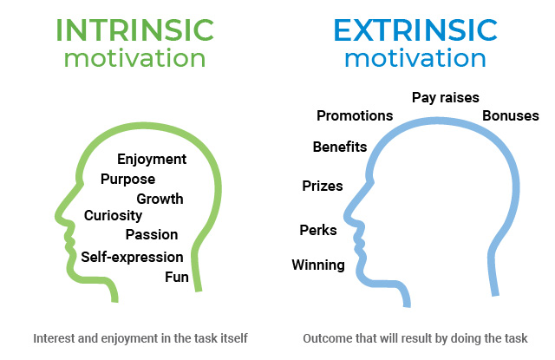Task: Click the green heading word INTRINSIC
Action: (134, 28)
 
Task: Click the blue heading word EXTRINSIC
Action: (415, 28)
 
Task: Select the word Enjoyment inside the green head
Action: (152, 159)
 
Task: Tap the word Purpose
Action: (127, 179)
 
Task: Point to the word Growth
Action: (160, 199)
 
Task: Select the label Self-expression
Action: (132, 257)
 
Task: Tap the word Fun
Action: (177, 277)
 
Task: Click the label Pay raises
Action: (445, 98)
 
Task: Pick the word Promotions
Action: (355, 115)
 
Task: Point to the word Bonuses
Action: (511, 115)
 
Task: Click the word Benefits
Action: (340, 147)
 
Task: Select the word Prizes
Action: (322, 186)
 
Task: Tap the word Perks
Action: (317, 230)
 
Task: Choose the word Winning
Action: (317, 265)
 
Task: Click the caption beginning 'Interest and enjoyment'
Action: (140, 338)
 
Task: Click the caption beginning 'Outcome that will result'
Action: (415, 338)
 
